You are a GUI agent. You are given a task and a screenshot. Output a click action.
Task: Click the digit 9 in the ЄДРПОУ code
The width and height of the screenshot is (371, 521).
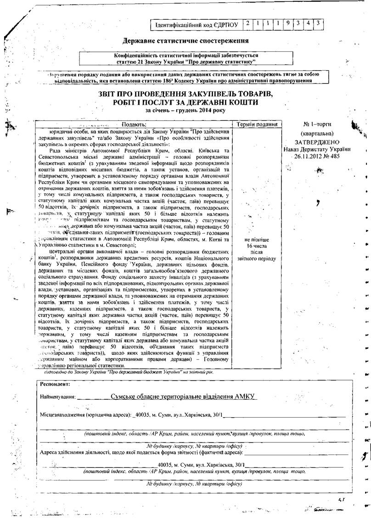(288, 23)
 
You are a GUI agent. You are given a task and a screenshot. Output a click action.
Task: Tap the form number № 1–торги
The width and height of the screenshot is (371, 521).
(317, 124)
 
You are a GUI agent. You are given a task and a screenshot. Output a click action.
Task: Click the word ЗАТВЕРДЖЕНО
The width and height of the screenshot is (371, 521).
(317, 142)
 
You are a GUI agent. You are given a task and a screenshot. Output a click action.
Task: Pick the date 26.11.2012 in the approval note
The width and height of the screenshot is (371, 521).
(310, 156)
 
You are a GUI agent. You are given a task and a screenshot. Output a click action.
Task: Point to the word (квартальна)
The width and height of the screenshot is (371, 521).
(317, 134)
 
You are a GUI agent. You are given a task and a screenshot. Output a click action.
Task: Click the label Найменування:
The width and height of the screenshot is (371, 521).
(59, 397)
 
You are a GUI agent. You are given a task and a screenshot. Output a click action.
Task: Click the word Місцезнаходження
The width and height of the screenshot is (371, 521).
(62, 415)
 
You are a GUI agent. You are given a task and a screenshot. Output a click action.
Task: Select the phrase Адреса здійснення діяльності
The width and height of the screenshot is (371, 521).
(76, 453)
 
